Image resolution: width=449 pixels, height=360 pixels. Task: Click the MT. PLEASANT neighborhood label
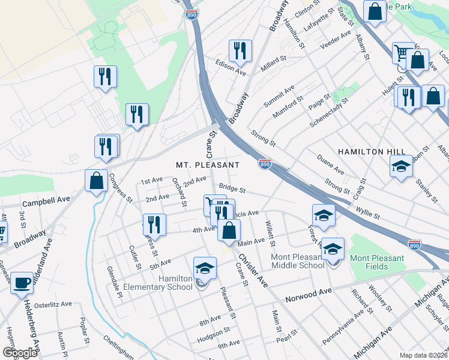[x=208, y=164]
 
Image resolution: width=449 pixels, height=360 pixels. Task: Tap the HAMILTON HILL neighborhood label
[x=368, y=152]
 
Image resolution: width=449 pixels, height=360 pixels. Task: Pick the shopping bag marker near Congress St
[x=96, y=181]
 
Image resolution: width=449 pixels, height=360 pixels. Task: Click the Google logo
[x=20, y=353]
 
